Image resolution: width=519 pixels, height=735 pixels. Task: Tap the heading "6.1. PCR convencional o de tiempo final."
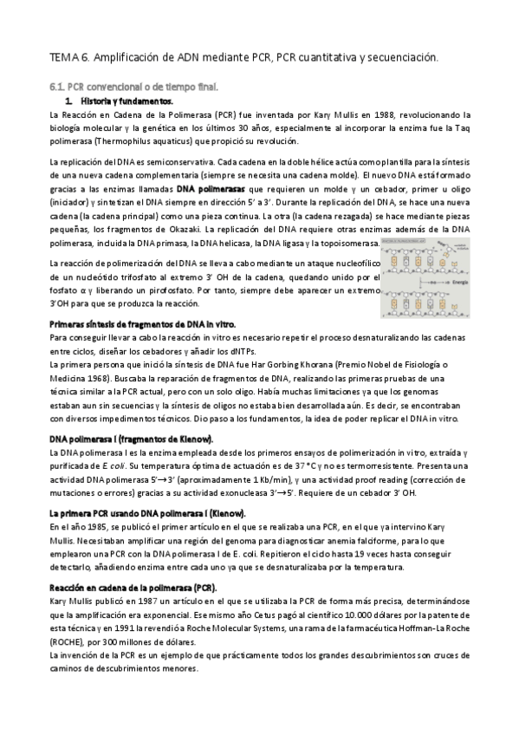pyautogui.click(x=133, y=87)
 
